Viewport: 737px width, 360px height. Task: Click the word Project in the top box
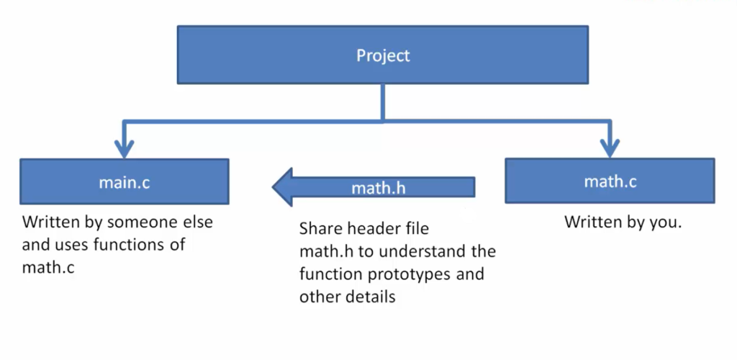tap(383, 55)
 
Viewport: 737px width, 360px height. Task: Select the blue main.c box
tap(125, 182)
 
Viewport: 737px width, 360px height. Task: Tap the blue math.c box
tap(610, 181)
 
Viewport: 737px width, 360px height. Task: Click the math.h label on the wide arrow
tap(379, 189)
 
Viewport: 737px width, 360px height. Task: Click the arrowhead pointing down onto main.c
tap(125, 148)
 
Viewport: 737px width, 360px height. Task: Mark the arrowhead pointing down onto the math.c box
tap(610, 148)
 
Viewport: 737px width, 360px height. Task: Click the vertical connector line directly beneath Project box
tap(383, 101)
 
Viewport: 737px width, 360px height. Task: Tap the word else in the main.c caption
tap(198, 222)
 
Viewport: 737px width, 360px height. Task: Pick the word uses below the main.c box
tap(74, 245)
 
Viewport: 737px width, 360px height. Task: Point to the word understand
tap(414, 252)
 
